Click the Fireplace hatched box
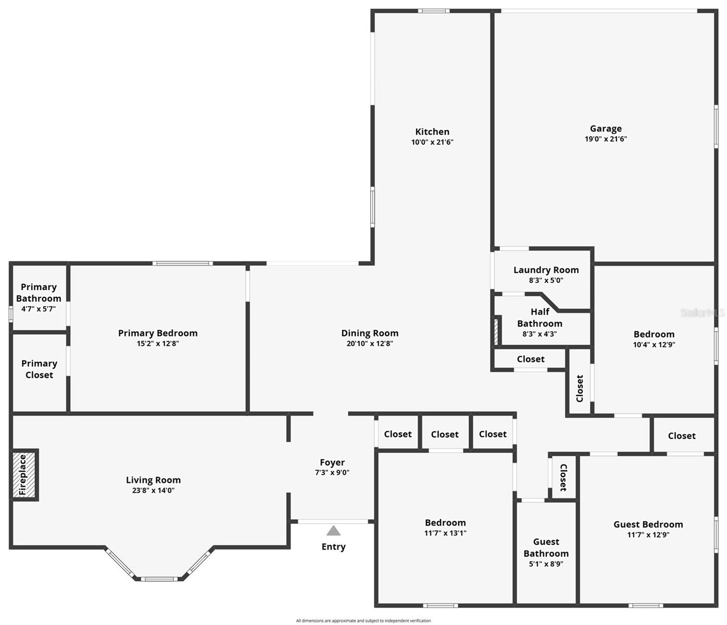[24, 474]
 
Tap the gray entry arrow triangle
[333, 530]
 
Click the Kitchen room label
[432, 132]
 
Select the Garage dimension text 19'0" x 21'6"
[606, 139]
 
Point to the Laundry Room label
[546, 270]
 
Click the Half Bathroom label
[540, 318]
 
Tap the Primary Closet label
[39, 369]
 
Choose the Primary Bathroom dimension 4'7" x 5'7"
[39, 309]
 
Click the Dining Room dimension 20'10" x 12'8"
[370, 343]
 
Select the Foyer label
[332, 462]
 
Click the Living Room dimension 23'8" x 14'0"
[153, 490]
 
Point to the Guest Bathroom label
[546, 547]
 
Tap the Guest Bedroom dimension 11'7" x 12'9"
[648, 534]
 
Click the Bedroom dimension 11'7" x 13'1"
[445, 533]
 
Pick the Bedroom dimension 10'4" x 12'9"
[654, 344]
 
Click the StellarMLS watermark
[703, 312]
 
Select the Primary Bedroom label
[158, 333]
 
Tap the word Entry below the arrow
[333, 546]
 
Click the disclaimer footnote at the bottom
[363, 621]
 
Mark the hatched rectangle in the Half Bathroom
[496, 331]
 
